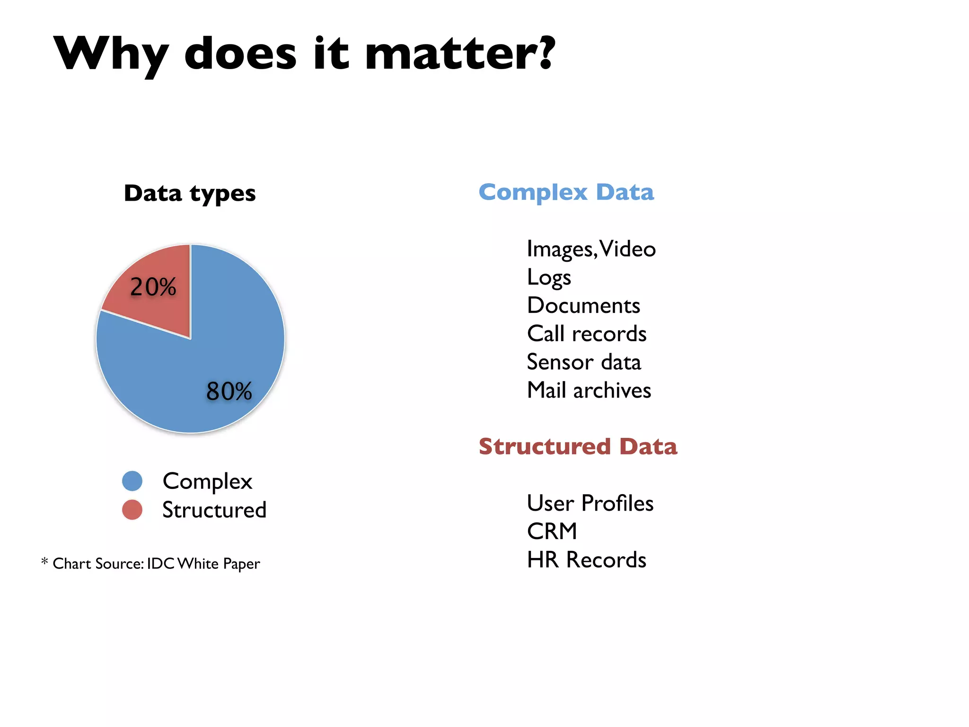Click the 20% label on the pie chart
153,287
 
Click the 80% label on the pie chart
229,391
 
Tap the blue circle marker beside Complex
132,481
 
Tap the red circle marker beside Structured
132,510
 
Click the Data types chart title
190,193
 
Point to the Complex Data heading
566,192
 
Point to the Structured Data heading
578,446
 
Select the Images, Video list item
591,249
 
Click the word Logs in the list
549,277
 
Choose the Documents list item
583,305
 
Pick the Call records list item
587,334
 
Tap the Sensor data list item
584,362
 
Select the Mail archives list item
589,390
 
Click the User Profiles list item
590,503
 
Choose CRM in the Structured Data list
552,531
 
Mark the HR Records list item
586,559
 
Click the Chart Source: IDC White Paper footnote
156,563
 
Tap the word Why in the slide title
111,54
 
